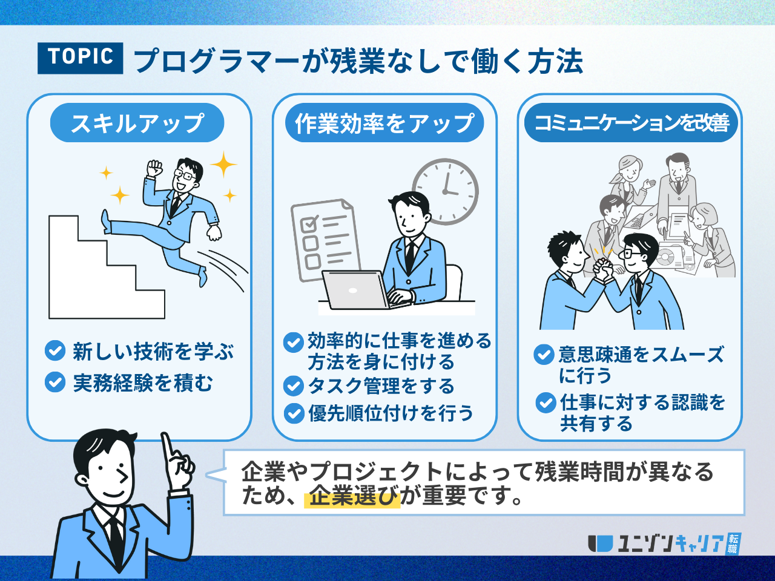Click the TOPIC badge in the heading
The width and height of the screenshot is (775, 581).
coord(80,58)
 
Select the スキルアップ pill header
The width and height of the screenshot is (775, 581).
coord(137,123)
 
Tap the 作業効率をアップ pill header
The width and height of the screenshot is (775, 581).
coord(384,123)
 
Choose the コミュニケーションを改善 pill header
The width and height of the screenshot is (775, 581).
coord(631,123)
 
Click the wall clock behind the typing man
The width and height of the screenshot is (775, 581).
coord(446,192)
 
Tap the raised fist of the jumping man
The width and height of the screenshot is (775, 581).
coord(154,168)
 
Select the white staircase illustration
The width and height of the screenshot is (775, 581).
coord(107,267)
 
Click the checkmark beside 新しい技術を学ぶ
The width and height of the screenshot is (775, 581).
coord(55,350)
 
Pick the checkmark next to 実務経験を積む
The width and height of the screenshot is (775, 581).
coord(55,382)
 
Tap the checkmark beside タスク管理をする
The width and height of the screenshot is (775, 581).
coord(294,386)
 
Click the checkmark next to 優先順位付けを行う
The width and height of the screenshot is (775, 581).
coord(294,413)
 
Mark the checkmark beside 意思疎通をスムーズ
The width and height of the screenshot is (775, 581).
coord(544,355)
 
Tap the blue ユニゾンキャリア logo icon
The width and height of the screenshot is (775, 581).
coord(600,543)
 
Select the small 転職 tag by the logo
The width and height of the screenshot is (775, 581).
coord(733,543)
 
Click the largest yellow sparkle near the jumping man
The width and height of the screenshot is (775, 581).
coord(223,165)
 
